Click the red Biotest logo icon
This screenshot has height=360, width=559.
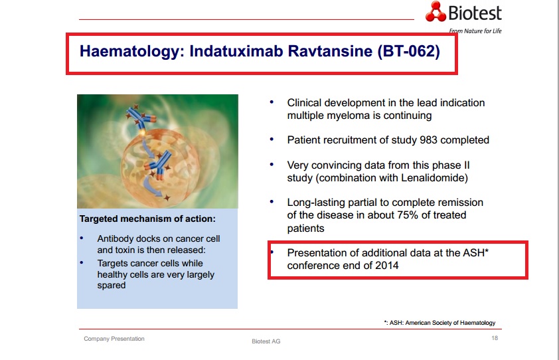click(436, 11)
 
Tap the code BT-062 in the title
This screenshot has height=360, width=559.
click(408, 51)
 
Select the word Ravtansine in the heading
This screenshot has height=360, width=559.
click(330, 51)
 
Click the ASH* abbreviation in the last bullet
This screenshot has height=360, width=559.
click(475, 252)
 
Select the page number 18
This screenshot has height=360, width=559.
click(495, 338)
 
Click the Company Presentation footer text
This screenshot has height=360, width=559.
click(114, 339)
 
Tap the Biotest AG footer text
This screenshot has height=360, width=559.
click(266, 341)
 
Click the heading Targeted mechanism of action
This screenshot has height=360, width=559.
click(147, 219)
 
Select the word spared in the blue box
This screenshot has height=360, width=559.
click(112, 286)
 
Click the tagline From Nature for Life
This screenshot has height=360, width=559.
click(475, 31)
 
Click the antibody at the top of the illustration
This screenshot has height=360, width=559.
click(141, 118)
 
